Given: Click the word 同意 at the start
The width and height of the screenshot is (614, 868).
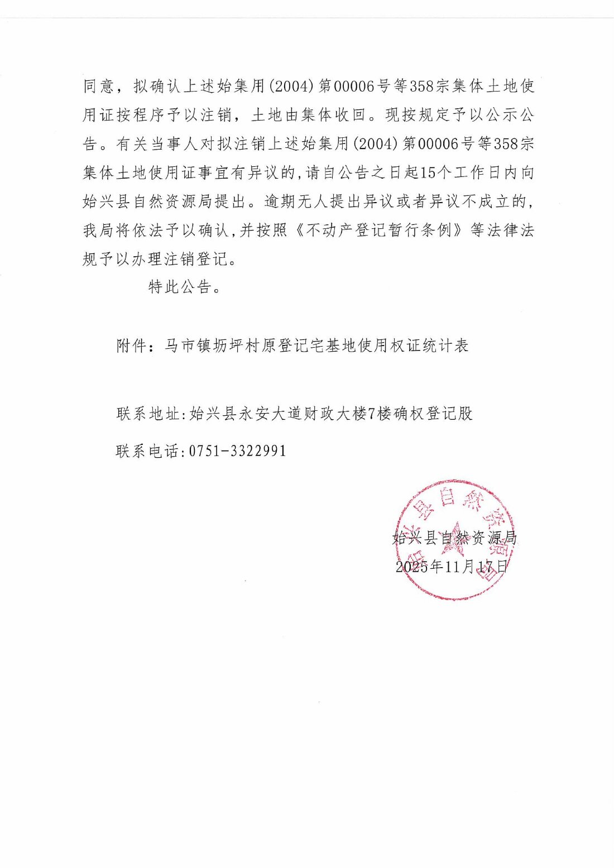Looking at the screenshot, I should pyautogui.click(x=99, y=86).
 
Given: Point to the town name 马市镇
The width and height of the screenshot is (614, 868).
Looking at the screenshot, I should pyautogui.click(x=188, y=346).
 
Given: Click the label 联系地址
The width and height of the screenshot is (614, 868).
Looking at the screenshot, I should pyautogui.click(x=148, y=414).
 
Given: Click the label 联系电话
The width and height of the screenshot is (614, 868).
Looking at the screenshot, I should pyautogui.click(x=148, y=450).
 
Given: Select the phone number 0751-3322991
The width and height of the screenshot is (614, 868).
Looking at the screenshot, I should pyautogui.click(x=238, y=450).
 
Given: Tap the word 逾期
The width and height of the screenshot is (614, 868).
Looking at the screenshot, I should pyautogui.click(x=280, y=202).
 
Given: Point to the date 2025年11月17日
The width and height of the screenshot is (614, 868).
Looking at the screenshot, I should pyautogui.click(x=452, y=567).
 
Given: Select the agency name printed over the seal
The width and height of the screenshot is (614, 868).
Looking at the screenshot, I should pyautogui.click(x=454, y=538).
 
